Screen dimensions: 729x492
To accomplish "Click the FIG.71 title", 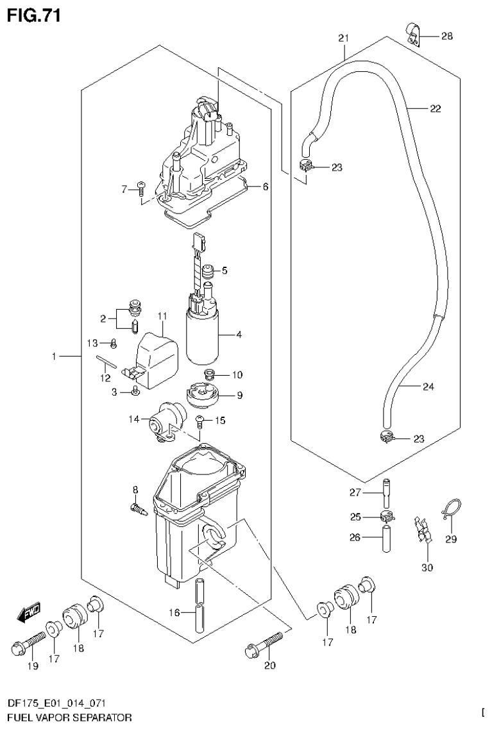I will [33, 15].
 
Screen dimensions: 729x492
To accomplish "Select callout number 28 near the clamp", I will [446, 37].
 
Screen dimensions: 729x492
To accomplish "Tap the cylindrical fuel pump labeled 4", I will [203, 336].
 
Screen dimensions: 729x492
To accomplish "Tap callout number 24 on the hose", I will [428, 387].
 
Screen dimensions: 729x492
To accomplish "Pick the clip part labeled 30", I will [423, 530].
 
